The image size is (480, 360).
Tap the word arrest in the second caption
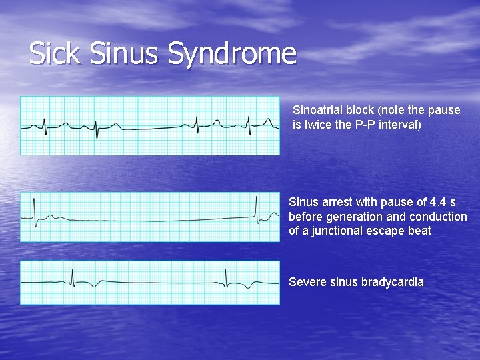click(337, 202)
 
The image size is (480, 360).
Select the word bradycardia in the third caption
click(392, 282)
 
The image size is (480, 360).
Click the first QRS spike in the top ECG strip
click(45, 125)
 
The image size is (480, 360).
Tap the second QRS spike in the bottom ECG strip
click(226, 277)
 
